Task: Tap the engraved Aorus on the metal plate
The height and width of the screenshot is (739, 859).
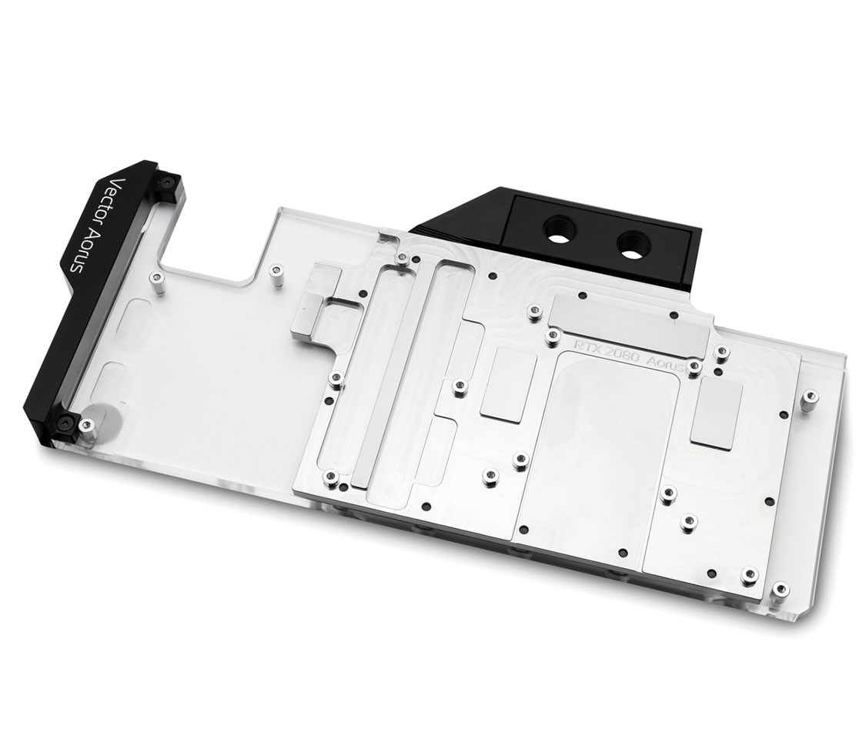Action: [x=666, y=364]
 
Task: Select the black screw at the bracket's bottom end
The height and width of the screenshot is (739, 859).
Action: [x=65, y=422]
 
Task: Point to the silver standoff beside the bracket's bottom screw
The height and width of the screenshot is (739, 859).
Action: [x=87, y=427]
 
